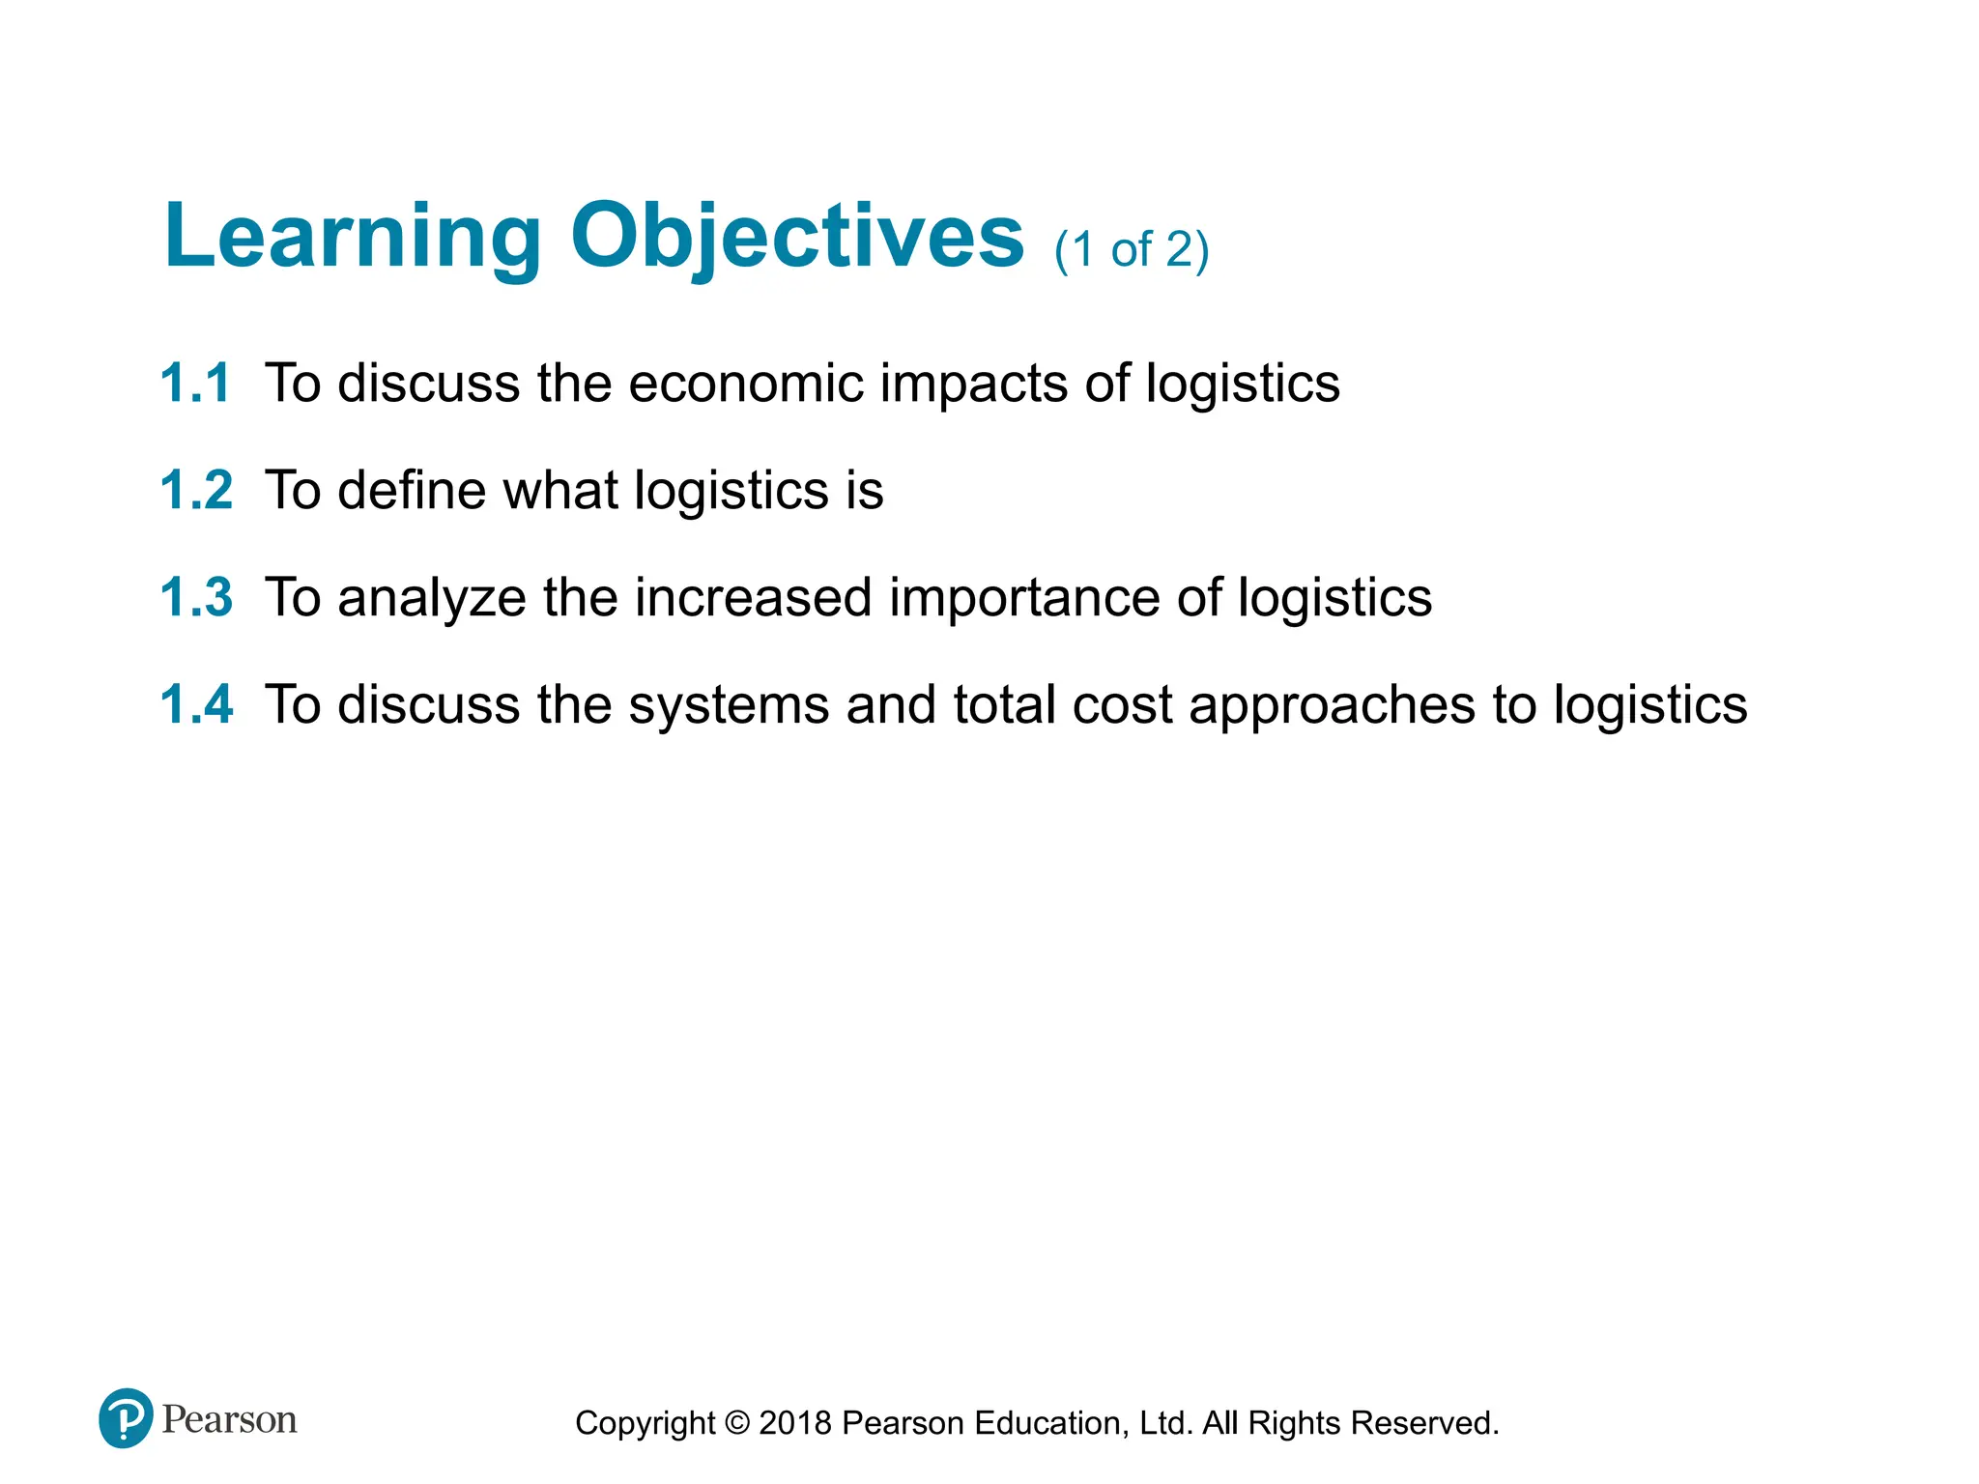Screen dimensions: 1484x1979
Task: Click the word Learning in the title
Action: pos(353,237)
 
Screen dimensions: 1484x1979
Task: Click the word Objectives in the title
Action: pos(796,237)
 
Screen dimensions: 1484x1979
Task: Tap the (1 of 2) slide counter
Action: pos(1131,250)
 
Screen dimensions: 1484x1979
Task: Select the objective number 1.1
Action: pos(196,383)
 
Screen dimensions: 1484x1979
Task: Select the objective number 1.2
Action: pos(196,490)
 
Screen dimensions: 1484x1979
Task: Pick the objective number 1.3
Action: pos(196,597)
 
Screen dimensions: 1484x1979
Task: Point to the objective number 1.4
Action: pos(196,704)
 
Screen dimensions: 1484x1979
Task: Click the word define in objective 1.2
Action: pos(412,490)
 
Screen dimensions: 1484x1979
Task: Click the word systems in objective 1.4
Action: pos(729,706)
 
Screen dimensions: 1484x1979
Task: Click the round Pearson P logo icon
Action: pos(126,1417)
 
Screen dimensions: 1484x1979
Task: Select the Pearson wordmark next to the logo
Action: pos(229,1419)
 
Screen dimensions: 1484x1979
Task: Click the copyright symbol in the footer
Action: pos(736,1423)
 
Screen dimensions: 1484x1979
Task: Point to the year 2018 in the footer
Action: pos(794,1423)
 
